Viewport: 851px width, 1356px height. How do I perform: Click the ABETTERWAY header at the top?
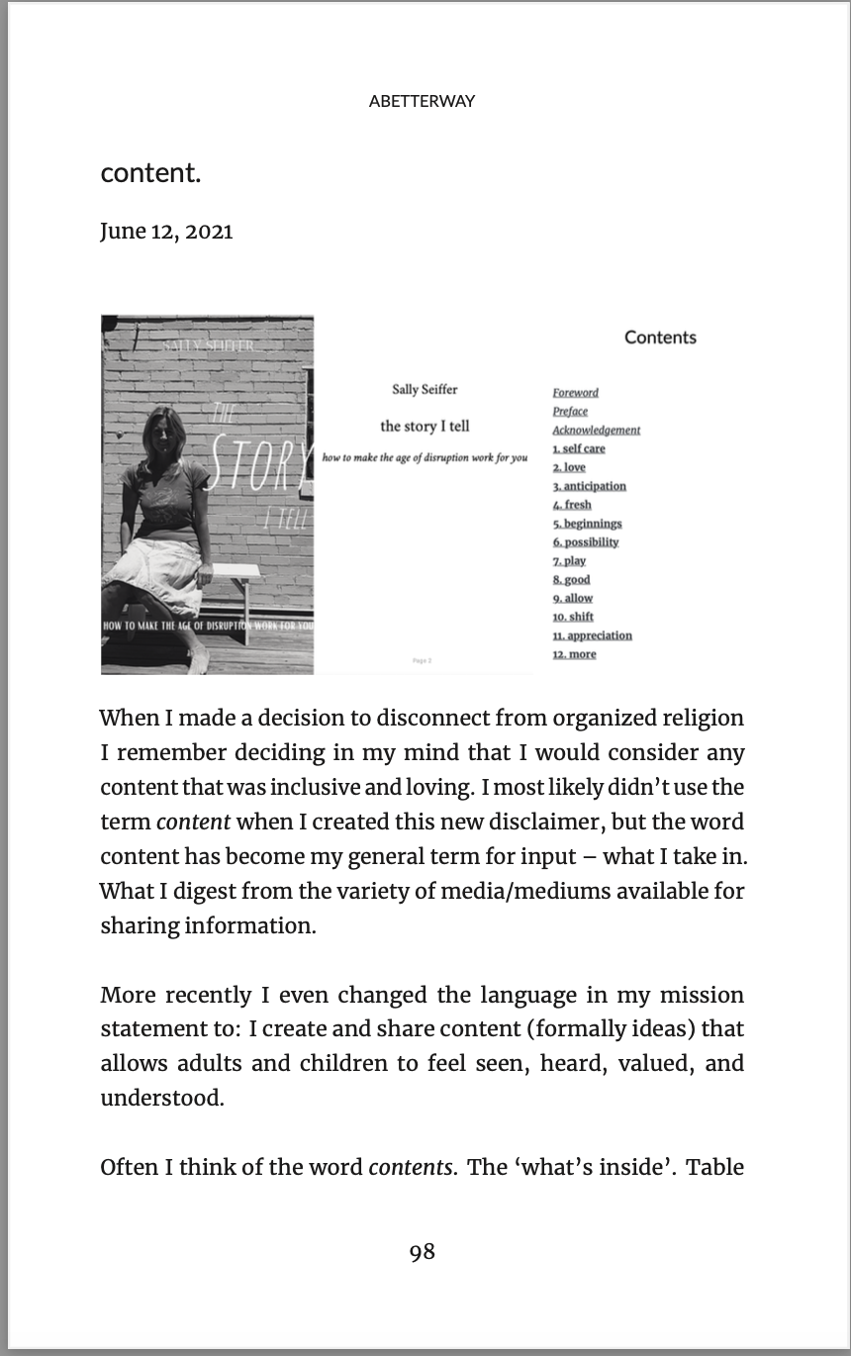422,101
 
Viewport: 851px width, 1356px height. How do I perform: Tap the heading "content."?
150,173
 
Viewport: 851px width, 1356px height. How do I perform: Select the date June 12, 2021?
166,232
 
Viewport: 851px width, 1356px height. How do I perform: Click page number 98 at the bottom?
423,1252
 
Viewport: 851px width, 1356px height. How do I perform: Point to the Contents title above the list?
660,338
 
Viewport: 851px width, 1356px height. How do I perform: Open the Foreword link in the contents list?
575,393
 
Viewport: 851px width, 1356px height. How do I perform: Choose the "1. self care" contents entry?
579,449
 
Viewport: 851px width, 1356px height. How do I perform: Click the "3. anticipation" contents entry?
589,486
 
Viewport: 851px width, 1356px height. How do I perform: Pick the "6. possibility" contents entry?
586,542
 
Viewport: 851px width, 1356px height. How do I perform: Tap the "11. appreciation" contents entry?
592,635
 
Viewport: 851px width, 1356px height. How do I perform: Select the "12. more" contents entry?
574,654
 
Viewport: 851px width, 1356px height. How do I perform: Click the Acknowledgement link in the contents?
596,431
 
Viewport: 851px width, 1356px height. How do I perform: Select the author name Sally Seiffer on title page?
425,390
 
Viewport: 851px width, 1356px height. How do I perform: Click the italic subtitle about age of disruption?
425,458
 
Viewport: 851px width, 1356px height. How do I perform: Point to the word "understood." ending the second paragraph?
162,1099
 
